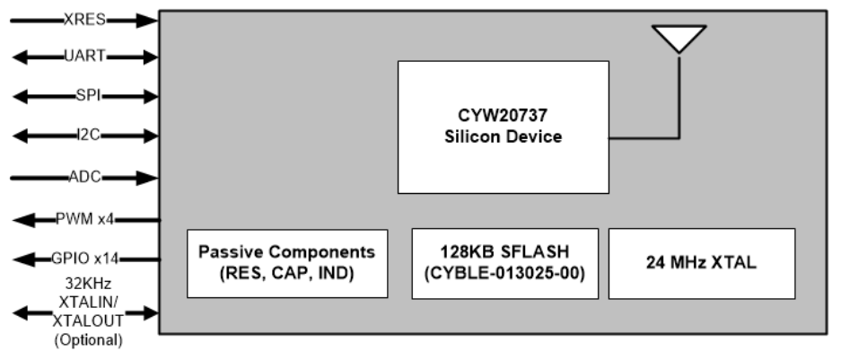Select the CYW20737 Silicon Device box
(503, 127)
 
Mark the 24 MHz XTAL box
(701, 263)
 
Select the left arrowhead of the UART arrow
(18, 57)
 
